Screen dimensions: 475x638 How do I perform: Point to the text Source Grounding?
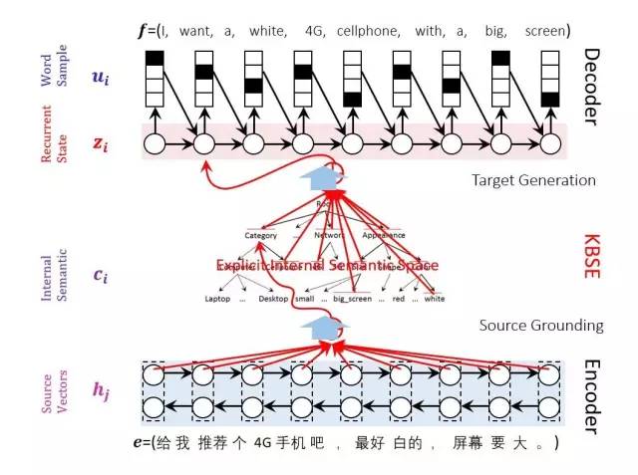(x=541, y=326)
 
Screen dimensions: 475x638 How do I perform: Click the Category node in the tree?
(x=261, y=236)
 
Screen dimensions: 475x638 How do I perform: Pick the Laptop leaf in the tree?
(x=217, y=299)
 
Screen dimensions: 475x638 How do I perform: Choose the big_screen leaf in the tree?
(x=352, y=299)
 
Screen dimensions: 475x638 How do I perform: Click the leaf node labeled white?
(x=435, y=299)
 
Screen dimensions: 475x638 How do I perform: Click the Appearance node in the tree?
(x=384, y=236)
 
